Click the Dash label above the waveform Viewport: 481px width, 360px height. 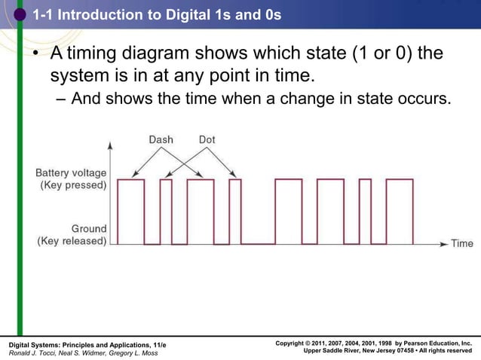pos(161,139)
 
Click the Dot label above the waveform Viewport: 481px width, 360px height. pos(207,139)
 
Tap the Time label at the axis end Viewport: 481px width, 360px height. pos(461,243)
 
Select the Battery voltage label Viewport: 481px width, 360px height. pos(72,172)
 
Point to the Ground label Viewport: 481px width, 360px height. pos(88,229)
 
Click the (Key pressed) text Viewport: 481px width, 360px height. pos(73,185)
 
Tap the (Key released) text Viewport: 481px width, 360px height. pos(72,242)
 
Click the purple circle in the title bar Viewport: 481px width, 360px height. pos(20,13)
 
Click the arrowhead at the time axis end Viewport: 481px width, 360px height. pos(445,243)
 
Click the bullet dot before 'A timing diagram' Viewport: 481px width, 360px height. pos(35,55)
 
